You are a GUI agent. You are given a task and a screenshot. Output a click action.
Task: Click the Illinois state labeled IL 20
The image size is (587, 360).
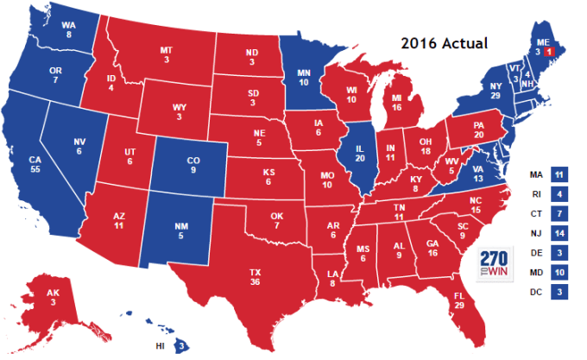pyautogui.click(x=361, y=155)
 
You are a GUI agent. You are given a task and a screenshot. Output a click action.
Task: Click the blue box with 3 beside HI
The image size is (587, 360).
pyautogui.click(x=182, y=346)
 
